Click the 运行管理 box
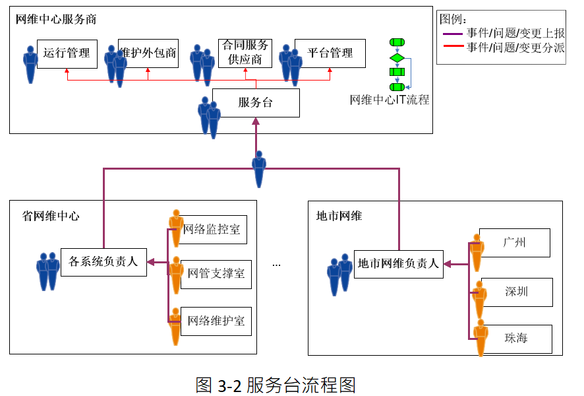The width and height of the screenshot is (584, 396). click(x=67, y=53)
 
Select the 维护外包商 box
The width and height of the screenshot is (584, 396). click(x=149, y=53)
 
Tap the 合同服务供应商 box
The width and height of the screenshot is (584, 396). click(x=245, y=53)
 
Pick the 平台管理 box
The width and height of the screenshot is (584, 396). click(x=330, y=53)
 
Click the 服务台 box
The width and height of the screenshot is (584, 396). click(x=256, y=103)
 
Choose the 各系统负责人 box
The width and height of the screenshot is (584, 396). click(x=103, y=262)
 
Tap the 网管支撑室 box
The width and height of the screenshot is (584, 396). click(x=216, y=273)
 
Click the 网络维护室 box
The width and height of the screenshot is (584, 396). click(x=216, y=321)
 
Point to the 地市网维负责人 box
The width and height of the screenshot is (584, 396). click(x=398, y=264)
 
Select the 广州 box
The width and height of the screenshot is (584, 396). click(x=515, y=243)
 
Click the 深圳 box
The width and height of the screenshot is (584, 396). click(x=517, y=291)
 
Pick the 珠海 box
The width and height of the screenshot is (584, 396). click(x=517, y=339)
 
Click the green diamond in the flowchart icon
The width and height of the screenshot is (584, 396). click(x=397, y=57)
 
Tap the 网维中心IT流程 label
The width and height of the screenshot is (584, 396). click(x=390, y=100)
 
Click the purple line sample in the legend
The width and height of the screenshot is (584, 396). click(x=453, y=34)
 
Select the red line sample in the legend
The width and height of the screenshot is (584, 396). click(x=453, y=48)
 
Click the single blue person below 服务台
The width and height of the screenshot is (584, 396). click(x=259, y=169)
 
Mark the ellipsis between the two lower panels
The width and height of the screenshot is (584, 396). click(x=276, y=264)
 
